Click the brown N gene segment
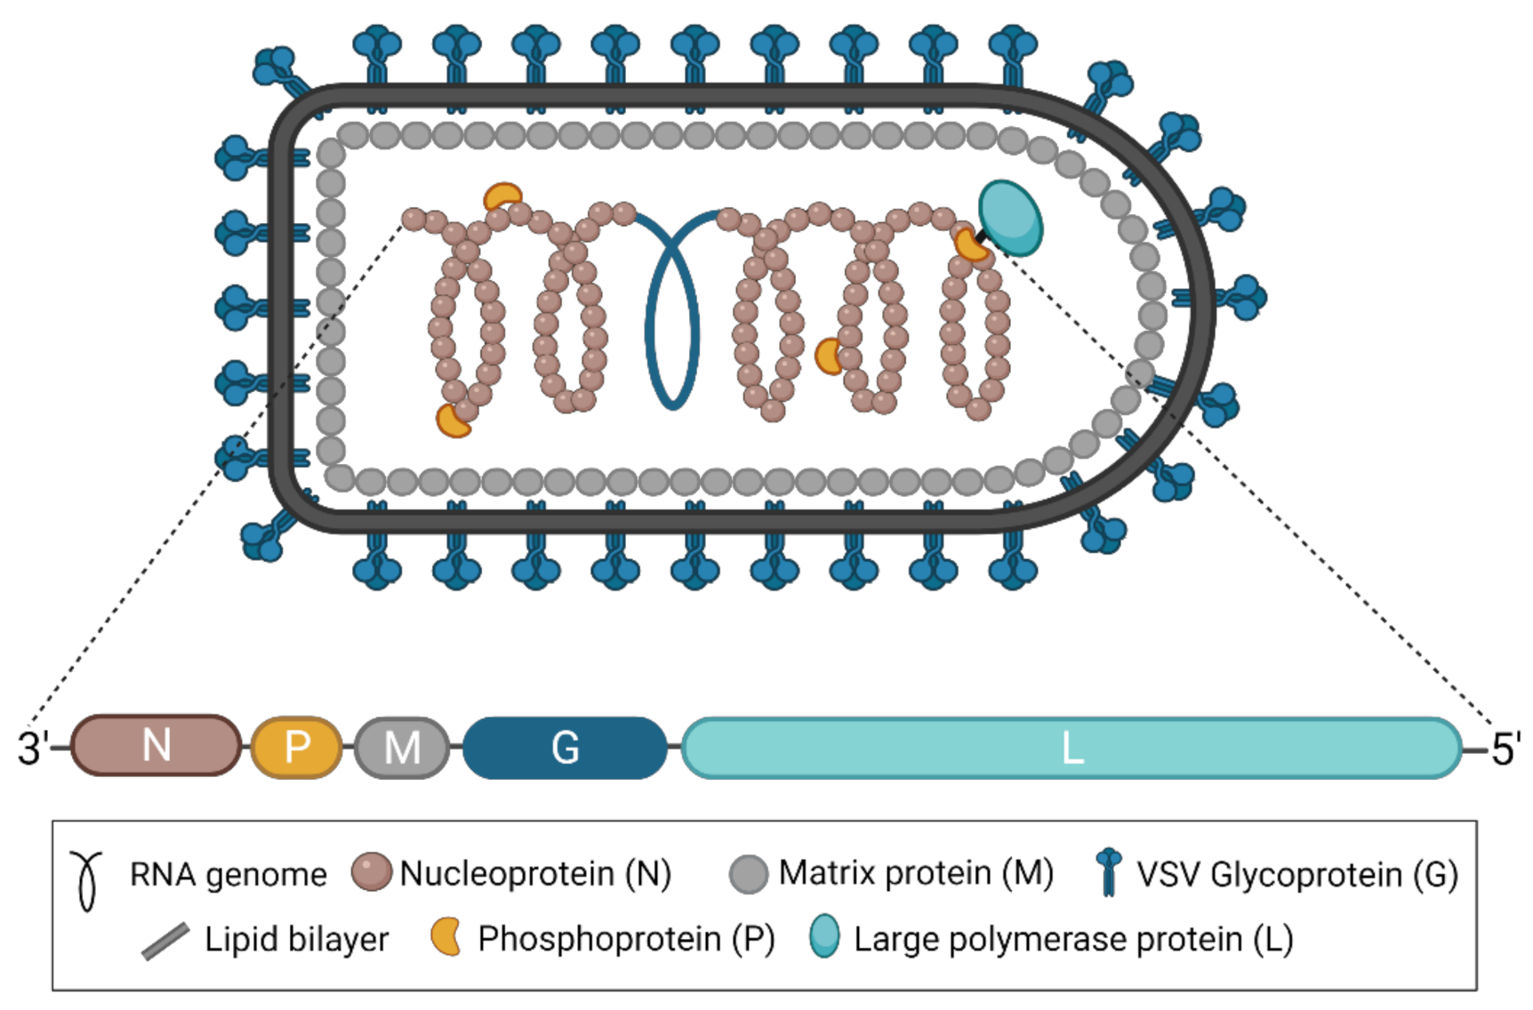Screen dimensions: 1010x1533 pyautogui.click(x=156, y=745)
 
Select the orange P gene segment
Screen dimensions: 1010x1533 pyautogui.click(x=297, y=747)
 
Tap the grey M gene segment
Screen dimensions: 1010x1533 pyautogui.click(x=402, y=747)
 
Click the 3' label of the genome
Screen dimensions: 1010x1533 pyautogui.click(x=32, y=749)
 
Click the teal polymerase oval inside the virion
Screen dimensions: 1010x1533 pyautogui.click(x=1010, y=217)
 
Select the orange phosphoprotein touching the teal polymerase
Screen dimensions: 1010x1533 pyautogui.click(x=970, y=245)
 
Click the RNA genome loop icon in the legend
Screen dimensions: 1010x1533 pyautogui.click(x=87, y=880)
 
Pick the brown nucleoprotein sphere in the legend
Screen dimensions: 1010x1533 pyautogui.click(x=371, y=872)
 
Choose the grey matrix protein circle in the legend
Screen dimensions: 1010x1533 pyautogui.click(x=748, y=874)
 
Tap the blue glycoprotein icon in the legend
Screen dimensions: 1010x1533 pyautogui.click(x=1108, y=871)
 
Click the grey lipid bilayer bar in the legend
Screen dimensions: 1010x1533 pyautogui.click(x=165, y=941)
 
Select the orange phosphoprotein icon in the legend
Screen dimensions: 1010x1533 pyautogui.click(x=445, y=937)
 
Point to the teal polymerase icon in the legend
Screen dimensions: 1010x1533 pyautogui.click(x=825, y=936)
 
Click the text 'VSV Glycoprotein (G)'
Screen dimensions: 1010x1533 pyautogui.click(x=1296, y=875)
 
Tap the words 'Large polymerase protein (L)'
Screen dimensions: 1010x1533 pyautogui.click(x=1072, y=939)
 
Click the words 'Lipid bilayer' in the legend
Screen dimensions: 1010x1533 pyautogui.click(x=296, y=940)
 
